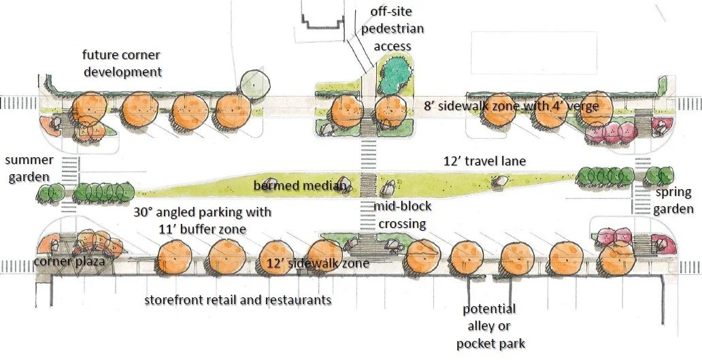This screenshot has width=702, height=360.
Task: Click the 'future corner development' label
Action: pyautogui.click(x=122, y=63)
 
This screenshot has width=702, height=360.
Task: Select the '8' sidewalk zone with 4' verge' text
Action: pyautogui.click(x=510, y=105)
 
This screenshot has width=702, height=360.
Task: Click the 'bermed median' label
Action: pyautogui.click(x=301, y=185)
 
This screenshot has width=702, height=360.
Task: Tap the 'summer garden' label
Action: pyautogui.click(x=29, y=169)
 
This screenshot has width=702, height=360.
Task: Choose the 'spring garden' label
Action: pyautogui.click(x=674, y=201)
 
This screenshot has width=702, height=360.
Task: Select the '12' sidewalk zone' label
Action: pyautogui.click(x=318, y=263)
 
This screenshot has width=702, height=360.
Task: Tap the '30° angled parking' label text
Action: pyautogui.click(x=202, y=212)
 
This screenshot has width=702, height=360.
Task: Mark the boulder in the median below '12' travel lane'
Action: pyautogui.click(x=501, y=181)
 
